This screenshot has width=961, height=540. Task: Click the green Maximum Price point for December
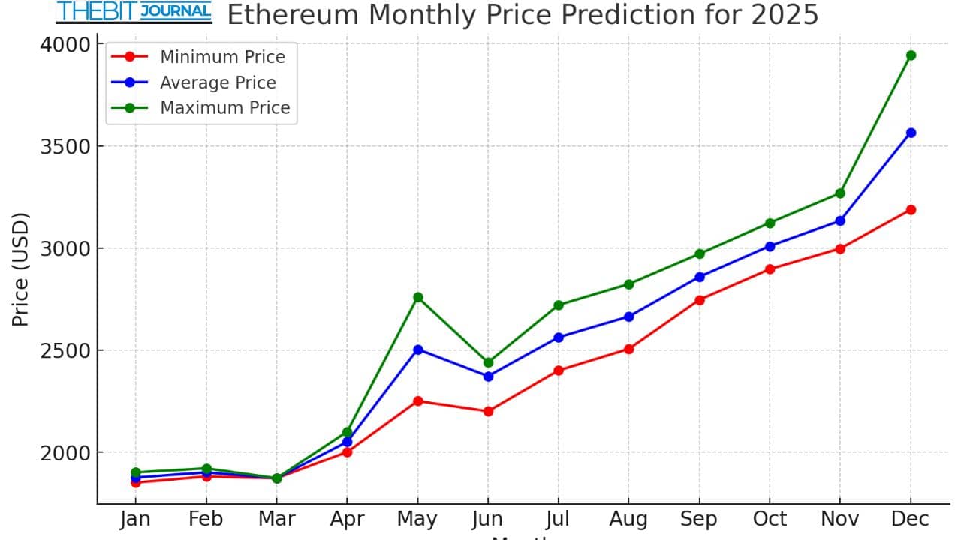coord(911,55)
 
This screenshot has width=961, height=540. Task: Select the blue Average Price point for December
coord(911,133)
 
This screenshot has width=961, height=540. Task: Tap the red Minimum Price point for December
coord(911,210)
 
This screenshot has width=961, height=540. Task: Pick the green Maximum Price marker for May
coord(418,297)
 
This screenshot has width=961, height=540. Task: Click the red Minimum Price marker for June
coord(488,411)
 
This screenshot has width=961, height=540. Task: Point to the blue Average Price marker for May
coord(418,349)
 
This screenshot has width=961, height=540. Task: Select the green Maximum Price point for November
coord(840,193)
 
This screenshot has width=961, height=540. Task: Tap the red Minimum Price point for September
coord(700,300)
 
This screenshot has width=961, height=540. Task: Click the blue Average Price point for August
coord(629,316)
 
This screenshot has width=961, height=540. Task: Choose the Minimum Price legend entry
coord(222,57)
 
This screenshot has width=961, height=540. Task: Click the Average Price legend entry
coord(218,82)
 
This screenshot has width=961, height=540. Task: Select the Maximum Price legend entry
coord(224,107)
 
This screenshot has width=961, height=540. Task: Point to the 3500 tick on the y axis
coord(64,146)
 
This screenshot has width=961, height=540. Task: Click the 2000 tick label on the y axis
coord(64,452)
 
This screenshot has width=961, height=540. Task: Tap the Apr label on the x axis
coord(348,519)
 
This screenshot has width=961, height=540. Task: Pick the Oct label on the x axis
coord(770,519)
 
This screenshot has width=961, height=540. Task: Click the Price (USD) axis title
coord(20,270)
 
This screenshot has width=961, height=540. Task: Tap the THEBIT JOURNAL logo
coord(134,12)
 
